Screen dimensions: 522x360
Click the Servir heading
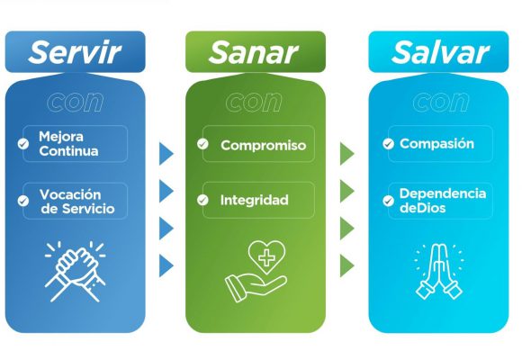click(75, 52)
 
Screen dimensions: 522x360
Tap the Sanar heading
click(253, 52)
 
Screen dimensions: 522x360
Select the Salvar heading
click(440, 52)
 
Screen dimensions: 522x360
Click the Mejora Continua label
click(68, 144)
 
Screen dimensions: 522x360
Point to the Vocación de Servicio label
click(77, 202)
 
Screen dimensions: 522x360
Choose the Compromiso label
click(264, 146)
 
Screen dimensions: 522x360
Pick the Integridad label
click(255, 200)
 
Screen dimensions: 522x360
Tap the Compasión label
click(436, 143)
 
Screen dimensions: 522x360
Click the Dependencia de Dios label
click(443, 201)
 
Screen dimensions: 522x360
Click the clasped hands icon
click(76, 272)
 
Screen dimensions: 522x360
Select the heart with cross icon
click(266, 257)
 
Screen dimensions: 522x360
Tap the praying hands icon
click(439, 272)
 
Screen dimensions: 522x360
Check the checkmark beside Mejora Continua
click(23, 144)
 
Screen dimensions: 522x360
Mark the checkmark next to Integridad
click(202, 200)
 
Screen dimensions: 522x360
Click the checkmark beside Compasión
click(388, 144)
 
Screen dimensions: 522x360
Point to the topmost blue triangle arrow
click(166, 154)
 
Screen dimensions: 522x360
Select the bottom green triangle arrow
click(346, 265)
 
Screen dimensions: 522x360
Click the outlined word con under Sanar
click(254, 102)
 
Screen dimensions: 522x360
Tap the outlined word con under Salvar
click(441, 102)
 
